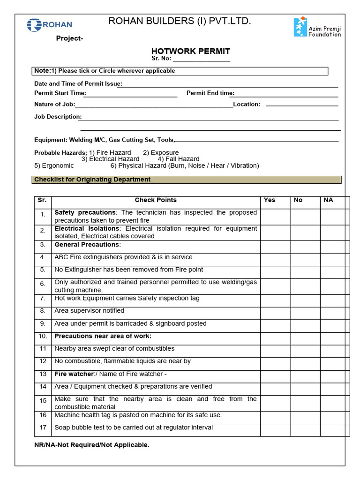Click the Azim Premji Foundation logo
(317, 28)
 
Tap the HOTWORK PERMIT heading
(190, 51)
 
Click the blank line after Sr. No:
(202, 60)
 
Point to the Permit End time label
(210, 93)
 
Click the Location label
(247, 104)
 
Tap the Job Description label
(57, 117)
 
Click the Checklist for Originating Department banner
(187, 180)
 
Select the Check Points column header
(156, 200)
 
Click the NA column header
(328, 200)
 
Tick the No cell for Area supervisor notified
(305, 313)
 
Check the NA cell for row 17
(333, 430)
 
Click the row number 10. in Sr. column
(43, 336)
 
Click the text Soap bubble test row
(134, 427)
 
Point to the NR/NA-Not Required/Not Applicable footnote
(92, 445)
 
